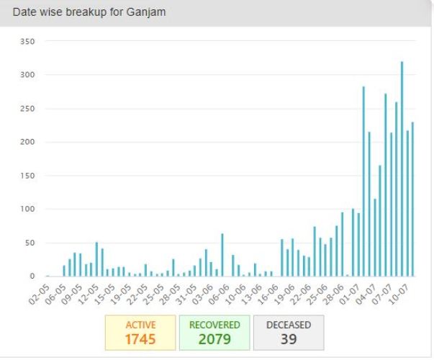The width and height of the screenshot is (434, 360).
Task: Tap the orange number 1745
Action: (x=140, y=339)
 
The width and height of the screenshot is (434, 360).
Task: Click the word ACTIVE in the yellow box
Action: (x=140, y=325)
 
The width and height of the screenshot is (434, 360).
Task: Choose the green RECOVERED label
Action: (x=214, y=325)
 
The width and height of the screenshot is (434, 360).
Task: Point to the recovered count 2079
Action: (x=214, y=339)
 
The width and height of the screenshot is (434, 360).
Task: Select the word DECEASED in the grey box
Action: (x=289, y=325)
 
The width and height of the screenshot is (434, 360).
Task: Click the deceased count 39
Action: (x=289, y=339)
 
